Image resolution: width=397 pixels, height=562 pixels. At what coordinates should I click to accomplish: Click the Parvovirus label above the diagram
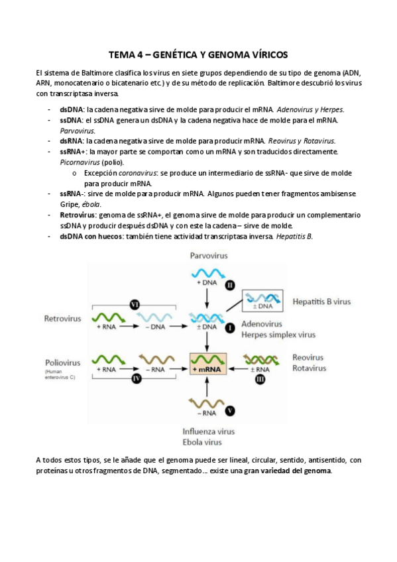[209, 255]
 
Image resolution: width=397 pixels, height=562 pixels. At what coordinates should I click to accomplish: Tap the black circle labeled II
[229, 284]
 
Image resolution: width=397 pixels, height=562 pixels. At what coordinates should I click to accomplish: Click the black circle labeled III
[260, 378]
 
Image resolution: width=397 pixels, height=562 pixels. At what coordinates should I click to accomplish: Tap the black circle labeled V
[229, 411]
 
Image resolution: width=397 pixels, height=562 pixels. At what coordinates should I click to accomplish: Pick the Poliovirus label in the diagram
[63, 363]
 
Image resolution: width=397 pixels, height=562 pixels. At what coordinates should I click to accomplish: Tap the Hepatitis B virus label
[323, 302]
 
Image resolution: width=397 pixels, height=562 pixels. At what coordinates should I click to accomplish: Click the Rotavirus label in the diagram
[308, 368]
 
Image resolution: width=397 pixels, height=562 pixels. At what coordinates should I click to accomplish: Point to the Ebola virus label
[202, 442]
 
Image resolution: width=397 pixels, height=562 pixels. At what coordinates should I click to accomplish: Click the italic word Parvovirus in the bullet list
[77, 131]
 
